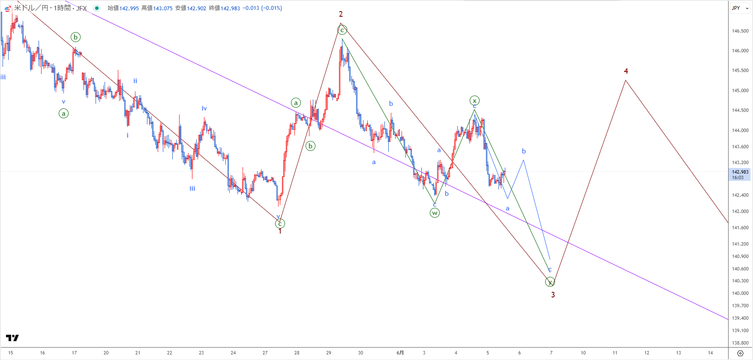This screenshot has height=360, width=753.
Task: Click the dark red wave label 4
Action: [626, 71]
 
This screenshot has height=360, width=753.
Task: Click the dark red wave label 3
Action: [553, 295]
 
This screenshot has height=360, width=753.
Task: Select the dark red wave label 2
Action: [341, 15]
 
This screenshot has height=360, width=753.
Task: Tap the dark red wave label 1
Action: [280, 231]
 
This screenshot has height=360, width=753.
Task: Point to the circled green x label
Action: [474, 101]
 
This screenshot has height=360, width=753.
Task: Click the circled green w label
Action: [435, 213]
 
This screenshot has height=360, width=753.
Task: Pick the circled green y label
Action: [550, 282]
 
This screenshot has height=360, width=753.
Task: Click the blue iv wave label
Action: [204, 108]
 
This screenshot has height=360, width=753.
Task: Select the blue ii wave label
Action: [135, 81]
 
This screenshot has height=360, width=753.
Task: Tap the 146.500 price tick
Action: [740, 31]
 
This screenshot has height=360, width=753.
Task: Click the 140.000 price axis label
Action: [740, 293]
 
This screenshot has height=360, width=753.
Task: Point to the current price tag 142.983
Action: [740, 172]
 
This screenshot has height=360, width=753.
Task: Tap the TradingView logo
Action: [12, 338]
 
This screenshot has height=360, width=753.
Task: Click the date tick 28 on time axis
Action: [297, 353]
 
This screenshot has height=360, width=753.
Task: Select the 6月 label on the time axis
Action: [400, 353]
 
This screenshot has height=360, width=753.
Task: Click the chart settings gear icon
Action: [740, 353]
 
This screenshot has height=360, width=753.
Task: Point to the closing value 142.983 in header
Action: [230, 8]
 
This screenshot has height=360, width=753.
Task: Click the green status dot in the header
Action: [97, 8]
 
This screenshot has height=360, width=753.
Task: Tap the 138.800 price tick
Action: [740, 343]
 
